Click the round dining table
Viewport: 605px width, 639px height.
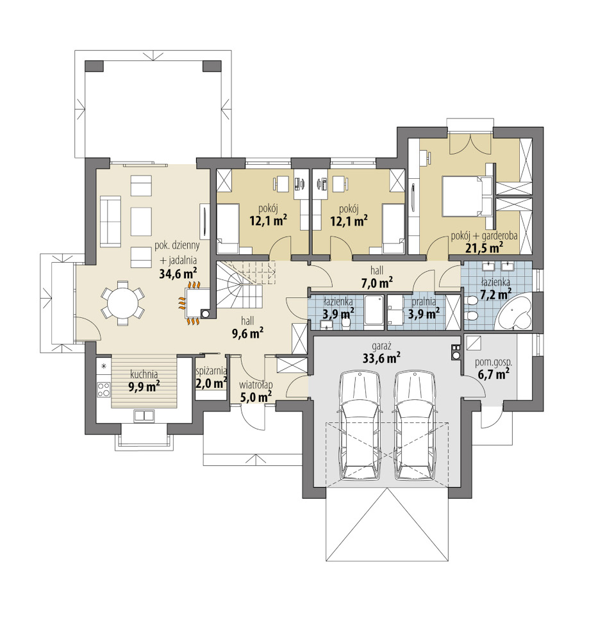coord(122,303)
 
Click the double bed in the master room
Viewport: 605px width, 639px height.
coord(468,196)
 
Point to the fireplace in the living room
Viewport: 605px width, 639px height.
coord(197,303)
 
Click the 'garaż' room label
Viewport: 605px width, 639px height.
coord(381,346)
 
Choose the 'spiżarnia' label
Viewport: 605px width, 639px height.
coord(211,371)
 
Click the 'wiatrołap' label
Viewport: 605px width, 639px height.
coord(256,385)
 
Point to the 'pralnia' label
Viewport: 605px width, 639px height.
coord(424,302)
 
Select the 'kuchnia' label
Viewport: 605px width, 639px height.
coord(144,374)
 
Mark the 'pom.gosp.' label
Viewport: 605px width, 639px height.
coord(493,362)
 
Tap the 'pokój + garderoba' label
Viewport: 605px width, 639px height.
coord(484,236)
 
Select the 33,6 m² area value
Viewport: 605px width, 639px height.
coord(381,358)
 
